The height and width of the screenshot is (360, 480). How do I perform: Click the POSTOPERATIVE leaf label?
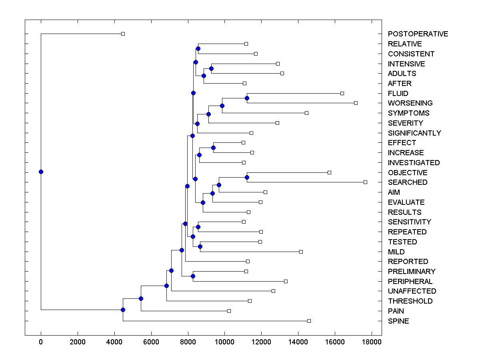pyautogui.click(x=418, y=34)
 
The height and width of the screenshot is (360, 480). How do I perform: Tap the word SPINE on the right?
pyautogui.click(x=398, y=321)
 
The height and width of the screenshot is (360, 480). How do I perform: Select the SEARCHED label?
pyautogui.click(x=408, y=182)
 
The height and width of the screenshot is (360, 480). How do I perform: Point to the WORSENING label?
pyautogui.click(x=410, y=103)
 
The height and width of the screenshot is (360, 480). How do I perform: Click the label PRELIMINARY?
pyautogui.click(x=412, y=272)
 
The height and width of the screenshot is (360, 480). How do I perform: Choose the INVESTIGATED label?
pyautogui.click(x=414, y=163)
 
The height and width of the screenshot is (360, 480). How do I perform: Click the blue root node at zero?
pyautogui.click(x=41, y=172)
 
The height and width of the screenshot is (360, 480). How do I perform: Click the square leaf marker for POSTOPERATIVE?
pyautogui.click(x=123, y=34)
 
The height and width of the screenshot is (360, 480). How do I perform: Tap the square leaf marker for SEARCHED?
pyautogui.click(x=365, y=182)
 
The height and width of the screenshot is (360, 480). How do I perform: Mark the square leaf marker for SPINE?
pyautogui.click(x=309, y=321)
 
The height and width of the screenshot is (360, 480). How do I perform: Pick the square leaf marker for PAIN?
pyautogui.click(x=229, y=311)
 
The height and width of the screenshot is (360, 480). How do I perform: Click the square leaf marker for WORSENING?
pyautogui.click(x=356, y=103)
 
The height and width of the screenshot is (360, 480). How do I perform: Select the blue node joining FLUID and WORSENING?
pyautogui.click(x=247, y=98)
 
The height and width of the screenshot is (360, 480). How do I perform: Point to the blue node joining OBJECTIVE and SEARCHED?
pyautogui.click(x=247, y=177)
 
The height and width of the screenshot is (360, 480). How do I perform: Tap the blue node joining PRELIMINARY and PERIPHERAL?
pyautogui.click(x=193, y=276)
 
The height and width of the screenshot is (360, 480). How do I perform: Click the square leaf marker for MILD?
pyautogui.click(x=301, y=252)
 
